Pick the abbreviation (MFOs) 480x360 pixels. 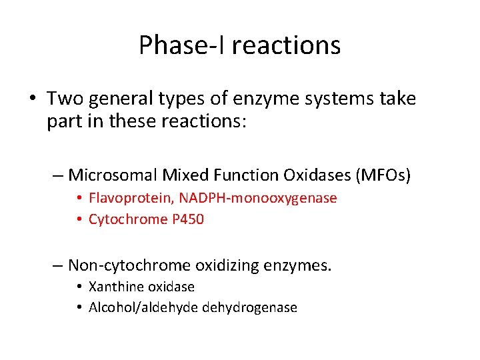coord(383,175)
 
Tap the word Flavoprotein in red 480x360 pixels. coord(126,198)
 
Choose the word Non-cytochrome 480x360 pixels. coord(129,265)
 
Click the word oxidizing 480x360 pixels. coord(225,265)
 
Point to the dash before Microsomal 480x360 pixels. coord(58,176)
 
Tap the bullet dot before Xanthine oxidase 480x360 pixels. coord(79,287)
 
